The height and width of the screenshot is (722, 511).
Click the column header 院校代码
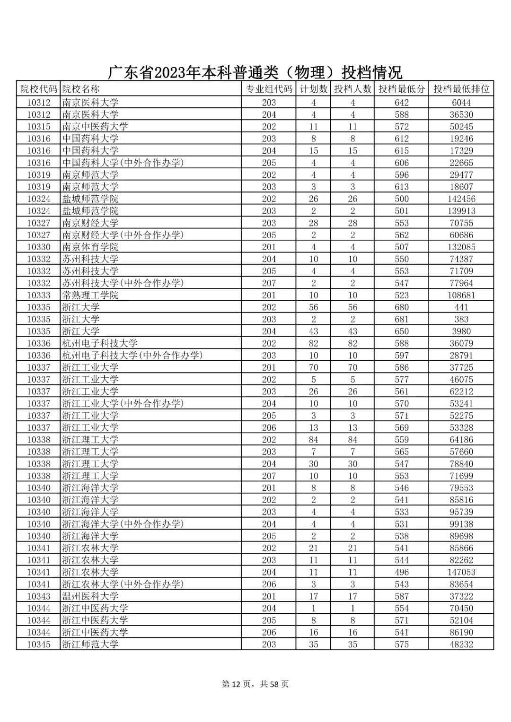point(38,89)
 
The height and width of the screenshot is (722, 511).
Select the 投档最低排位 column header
point(461,89)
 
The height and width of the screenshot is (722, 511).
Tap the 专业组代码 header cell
point(269,89)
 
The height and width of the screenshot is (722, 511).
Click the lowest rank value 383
point(461,319)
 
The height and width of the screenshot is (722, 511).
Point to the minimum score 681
point(401,319)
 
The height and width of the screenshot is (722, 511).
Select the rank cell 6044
point(461,103)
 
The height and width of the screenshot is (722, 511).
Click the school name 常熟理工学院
point(90,295)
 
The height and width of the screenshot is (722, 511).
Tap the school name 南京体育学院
point(90,247)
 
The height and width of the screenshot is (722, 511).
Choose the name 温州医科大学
point(90,596)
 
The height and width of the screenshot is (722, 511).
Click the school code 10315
point(38,127)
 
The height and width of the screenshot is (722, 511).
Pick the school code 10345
point(38,644)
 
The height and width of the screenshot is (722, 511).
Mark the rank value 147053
point(461,572)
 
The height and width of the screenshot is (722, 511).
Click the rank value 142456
point(461,199)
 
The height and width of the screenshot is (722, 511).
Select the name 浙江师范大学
point(90,644)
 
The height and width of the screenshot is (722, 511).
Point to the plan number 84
point(313,440)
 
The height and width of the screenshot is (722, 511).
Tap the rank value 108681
point(461,295)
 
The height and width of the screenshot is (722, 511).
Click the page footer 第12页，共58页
point(255,684)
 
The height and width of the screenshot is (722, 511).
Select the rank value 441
point(461,307)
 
